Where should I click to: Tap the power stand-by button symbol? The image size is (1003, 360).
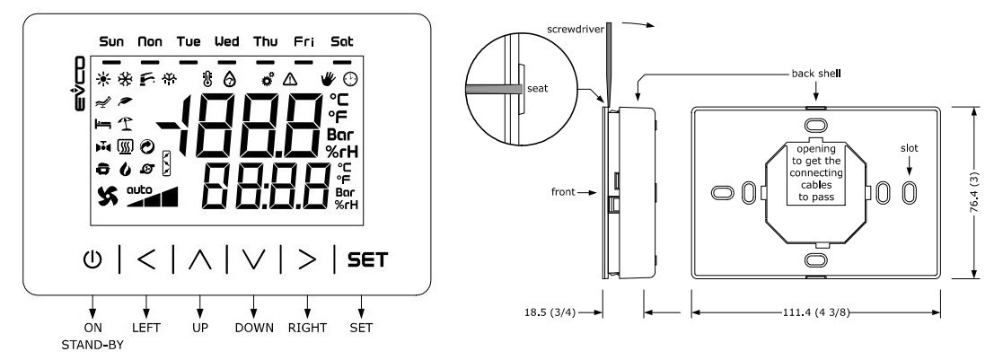coord(92,259)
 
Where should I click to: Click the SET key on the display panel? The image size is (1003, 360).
coord(368,260)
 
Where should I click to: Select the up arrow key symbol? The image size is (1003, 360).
coord(200,259)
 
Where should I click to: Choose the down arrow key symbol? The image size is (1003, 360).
coord(253,259)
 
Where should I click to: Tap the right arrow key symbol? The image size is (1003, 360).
coord(307,259)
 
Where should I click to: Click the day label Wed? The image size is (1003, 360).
coord(226,42)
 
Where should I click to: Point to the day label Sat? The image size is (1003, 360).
coord(341,42)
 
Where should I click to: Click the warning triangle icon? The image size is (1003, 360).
coord(290,79)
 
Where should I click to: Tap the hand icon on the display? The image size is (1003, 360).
coord(328,79)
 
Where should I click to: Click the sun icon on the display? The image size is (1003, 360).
coord(102,79)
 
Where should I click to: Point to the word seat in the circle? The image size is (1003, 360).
coord(537,88)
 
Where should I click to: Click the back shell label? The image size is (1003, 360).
coord(816,73)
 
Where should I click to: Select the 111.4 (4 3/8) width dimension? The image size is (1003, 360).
coord(815,312)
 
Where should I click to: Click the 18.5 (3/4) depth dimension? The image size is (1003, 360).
coord(547,312)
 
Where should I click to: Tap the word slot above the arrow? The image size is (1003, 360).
coord(909,148)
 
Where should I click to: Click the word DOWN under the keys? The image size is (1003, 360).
coord(254,328)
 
